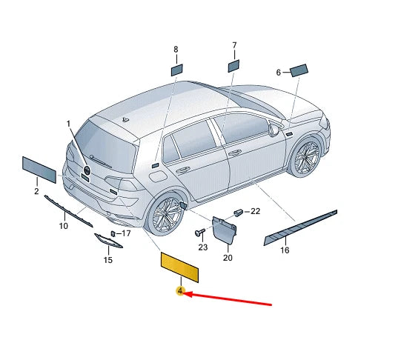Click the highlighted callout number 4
(180, 291)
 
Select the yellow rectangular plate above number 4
(179, 267)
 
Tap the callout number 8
(176, 50)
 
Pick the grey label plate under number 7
(234, 66)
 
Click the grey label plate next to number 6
(299, 70)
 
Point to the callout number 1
(68, 124)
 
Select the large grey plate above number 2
(39, 170)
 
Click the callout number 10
(64, 226)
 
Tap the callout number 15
(108, 260)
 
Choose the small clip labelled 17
(113, 233)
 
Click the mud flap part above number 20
(224, 230)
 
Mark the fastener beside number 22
(238, 213)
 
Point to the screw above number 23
(200, 232)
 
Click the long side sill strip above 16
(300, 227)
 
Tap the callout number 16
(285, 250)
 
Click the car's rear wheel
(165, 214)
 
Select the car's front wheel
(306, 156)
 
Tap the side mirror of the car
(274, 130)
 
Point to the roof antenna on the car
(125, 120)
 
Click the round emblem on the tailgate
(87, 170)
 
